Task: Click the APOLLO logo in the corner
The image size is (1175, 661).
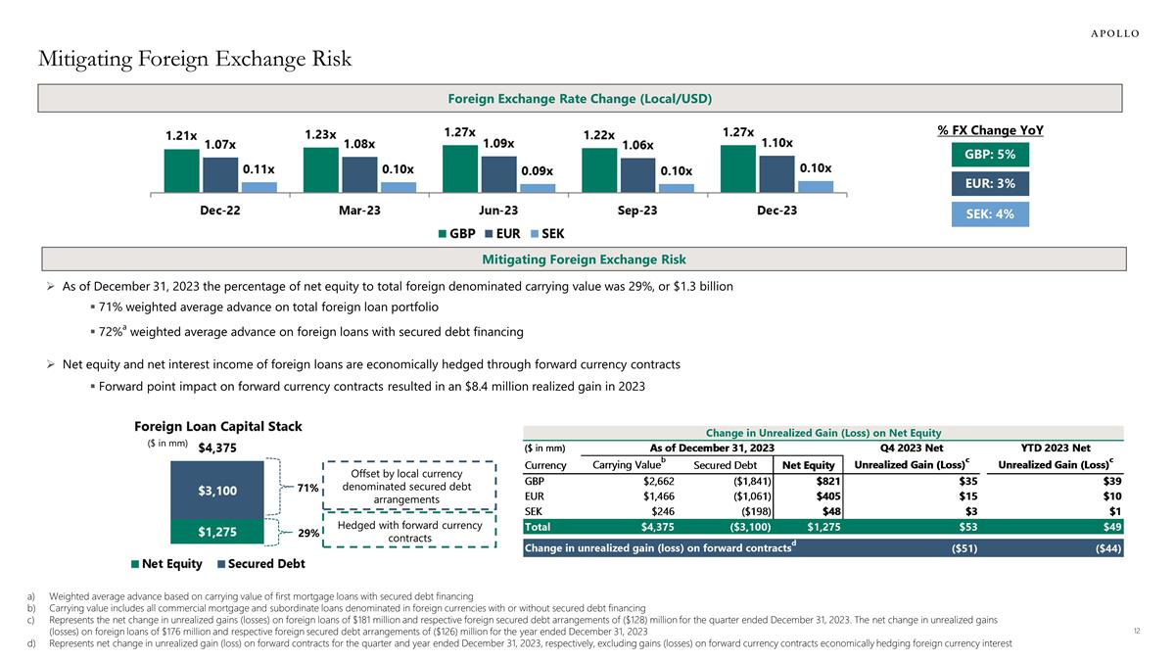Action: [1115, 32]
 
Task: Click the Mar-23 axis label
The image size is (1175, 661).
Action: [358, 211]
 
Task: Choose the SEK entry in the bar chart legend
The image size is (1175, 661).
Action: [547, 234]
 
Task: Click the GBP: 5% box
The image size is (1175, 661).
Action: [990, 155]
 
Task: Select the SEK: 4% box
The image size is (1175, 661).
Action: [990, 214]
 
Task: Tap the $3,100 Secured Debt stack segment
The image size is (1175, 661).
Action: [217, 490]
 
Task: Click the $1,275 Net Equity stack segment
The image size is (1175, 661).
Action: [217, 532]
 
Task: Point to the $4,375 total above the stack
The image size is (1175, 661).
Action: [217, 449]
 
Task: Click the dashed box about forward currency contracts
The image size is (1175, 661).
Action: [409, 532]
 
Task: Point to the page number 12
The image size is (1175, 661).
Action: [1136, 631]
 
